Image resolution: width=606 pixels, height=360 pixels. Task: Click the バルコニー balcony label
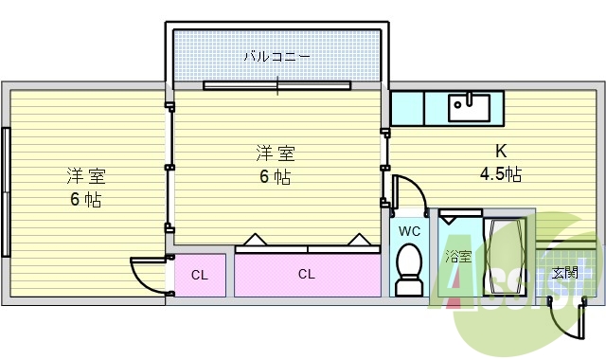click(276, 57)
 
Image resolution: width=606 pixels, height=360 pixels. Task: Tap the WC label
click(409, 231)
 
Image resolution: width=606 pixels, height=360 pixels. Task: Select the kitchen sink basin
click(470, 108)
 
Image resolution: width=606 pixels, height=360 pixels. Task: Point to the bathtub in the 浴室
click(505, 256)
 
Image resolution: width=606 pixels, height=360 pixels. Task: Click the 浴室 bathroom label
click(458, 257)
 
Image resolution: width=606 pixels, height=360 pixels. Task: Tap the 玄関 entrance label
click(565, 273)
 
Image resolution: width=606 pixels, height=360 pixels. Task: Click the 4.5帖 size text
click(501, 173)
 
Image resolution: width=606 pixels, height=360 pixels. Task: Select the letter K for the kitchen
click(501, 151)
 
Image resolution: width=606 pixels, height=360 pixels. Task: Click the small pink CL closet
click(200, 275)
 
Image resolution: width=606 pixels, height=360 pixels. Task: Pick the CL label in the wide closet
click(307, 274)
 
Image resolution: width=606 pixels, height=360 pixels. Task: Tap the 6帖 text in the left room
click(86, 200)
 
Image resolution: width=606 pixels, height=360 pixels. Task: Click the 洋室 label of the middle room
click(276, 153)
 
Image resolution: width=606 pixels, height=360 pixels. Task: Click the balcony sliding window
click(277, 85)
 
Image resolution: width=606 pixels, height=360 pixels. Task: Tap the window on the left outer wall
click(6, 191)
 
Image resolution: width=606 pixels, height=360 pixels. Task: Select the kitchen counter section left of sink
click(407, 108)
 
